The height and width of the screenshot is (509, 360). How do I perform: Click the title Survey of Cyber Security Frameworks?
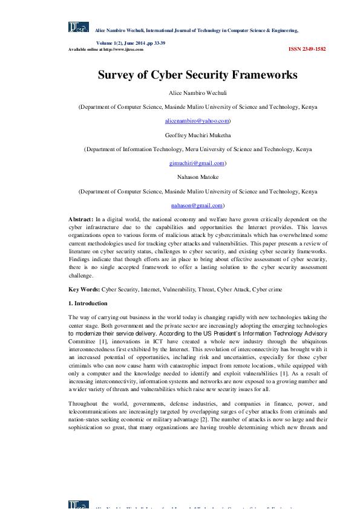[x=197, y=75]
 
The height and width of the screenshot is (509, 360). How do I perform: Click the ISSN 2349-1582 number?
[x=307, y=49]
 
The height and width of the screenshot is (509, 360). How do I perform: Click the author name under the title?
[x=197, y=92]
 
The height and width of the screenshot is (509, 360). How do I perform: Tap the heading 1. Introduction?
[x=88, y=303]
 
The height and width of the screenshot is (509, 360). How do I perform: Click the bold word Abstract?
[x=81, y=219]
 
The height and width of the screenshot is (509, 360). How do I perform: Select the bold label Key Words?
[x=83, y=290]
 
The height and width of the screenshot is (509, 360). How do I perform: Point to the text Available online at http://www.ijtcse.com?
[x=106, y=50]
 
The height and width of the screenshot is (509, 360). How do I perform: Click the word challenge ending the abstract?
[x=80, y=274]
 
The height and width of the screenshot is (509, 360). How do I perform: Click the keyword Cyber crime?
[x=269, y=290]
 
